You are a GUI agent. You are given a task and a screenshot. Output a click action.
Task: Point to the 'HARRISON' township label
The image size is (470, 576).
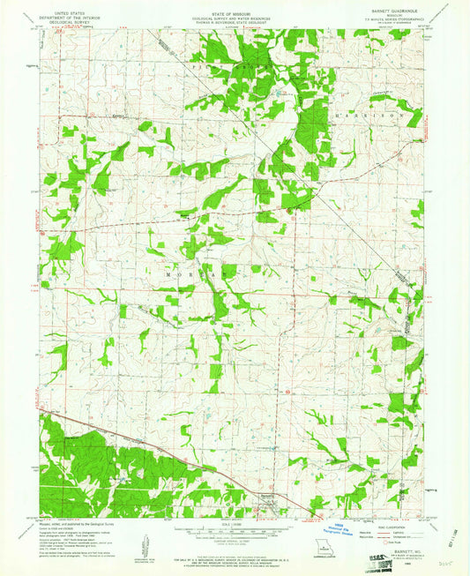[x=368, y=116]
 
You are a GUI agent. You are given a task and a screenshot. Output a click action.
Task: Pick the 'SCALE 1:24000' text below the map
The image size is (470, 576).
[x=235, y=526]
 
